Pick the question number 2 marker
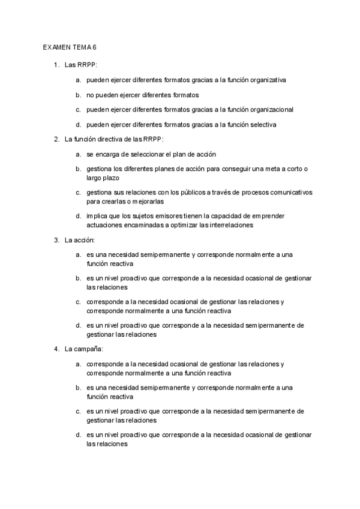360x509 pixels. [56, 139]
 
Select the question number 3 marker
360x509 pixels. [56, 240]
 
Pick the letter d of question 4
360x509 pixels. [78, 434]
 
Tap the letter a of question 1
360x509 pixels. [78, 79]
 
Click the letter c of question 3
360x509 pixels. [78, 301]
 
